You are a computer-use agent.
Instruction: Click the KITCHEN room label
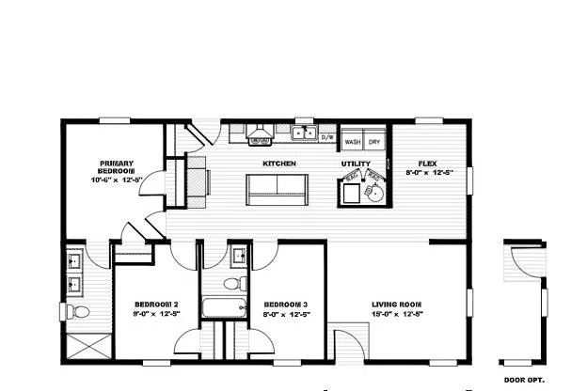[279, 164]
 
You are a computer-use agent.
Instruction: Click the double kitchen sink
[303, 133]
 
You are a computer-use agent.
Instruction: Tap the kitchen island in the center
[279, 189]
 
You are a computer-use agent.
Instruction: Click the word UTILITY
[356, 164]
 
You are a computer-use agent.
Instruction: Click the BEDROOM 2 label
[155, 305]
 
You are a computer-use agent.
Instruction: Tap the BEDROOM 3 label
[285, 305]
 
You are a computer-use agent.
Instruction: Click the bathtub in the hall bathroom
[224, 306]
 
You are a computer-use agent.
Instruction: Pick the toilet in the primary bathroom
[77, 311]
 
